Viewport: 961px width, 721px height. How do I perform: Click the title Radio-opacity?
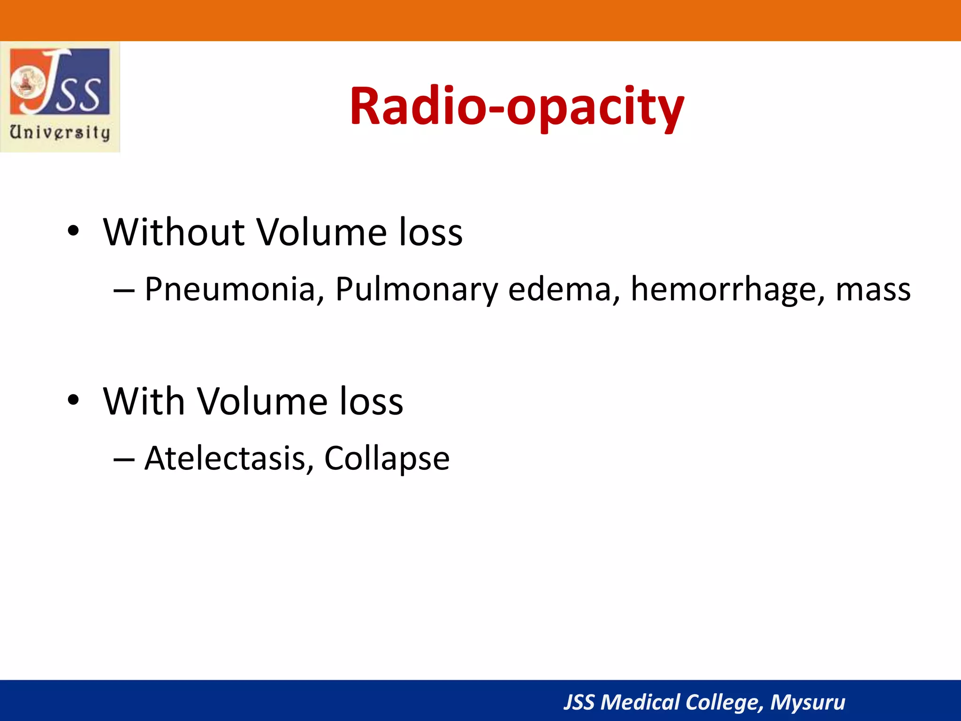click(x=516, y=107)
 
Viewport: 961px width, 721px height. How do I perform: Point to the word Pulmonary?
click(x=416, y=289)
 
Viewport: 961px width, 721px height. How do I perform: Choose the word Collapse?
click(x=387, y=459)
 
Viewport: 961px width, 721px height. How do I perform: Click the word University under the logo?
click(x=60, y=132)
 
